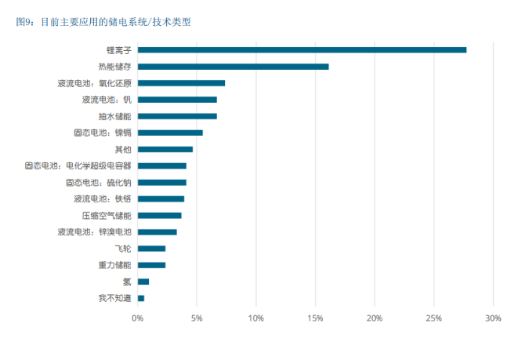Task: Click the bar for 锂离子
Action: pyautogui.click(x=302, y=50)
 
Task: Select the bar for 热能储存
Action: pyautogui.click(x=233, y=67)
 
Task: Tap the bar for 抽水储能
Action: pyautogui.click(x=177, y=116)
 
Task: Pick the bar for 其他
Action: pyautogui.click(x=165, y=149)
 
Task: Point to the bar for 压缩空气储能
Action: pyautogui.click(x=159, y=215)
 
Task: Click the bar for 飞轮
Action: pyautogui.click(x=151, y=249)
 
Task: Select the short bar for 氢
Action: pyautogui.click(x=143, y=282)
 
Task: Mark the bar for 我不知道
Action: pyautogui.click(x=140, y=298)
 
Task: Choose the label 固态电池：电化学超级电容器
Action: pyautogui.click(x=78, y=165)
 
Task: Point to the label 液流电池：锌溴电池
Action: pyautogui.click(x=94, y=232)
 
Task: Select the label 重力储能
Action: pyautogui.click(x=114, y=265)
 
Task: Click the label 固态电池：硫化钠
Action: pyautogui.click(x=98, y=182)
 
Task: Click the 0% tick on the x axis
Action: pyautogui.click(x=137, y=318)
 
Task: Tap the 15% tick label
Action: pyautogui.click(x=315, y=318)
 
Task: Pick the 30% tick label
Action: pyautogui.click(x=493, y=318)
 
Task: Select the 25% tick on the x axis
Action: pyautogui.click(x=433, y=318)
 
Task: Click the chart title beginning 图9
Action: pyautogui.click(x=103, y=22)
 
